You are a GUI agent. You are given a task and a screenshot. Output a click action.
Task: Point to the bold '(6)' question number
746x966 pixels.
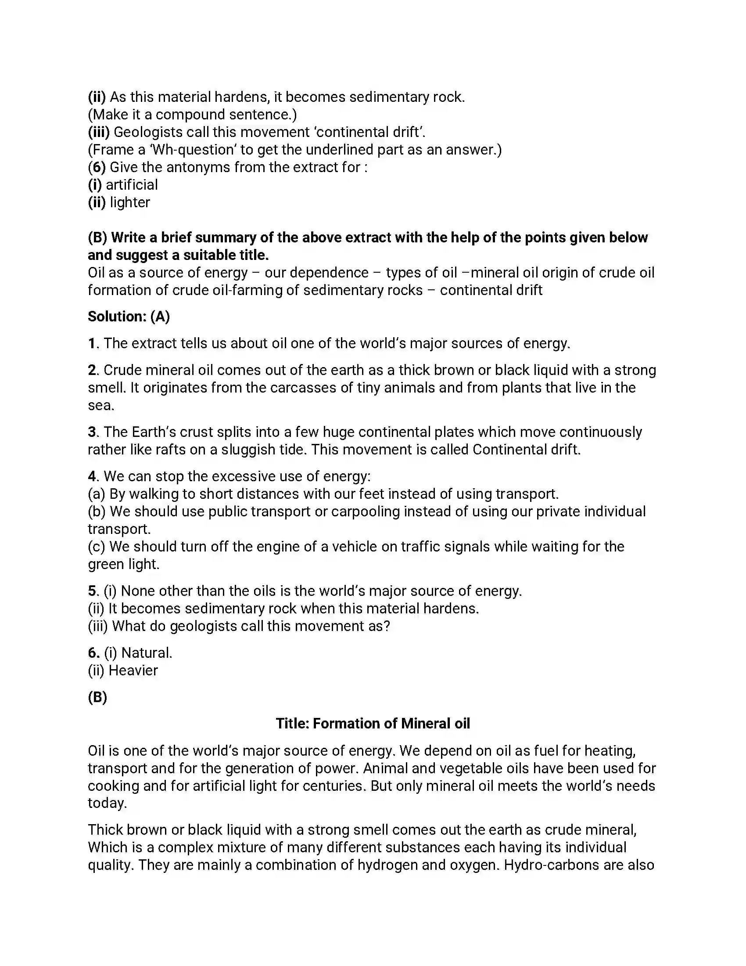(x=97, y=167)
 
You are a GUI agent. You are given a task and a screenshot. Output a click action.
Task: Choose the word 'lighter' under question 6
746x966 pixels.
(x=130, y=202)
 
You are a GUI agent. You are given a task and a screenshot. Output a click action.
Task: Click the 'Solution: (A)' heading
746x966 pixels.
(x=129, y=317)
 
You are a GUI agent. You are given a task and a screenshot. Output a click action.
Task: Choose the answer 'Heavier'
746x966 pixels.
(x=133, y=670)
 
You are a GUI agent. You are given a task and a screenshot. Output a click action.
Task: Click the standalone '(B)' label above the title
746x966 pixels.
(x=97, y=698)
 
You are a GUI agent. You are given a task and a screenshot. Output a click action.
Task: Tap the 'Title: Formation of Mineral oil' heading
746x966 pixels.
(x=373, y=724)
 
